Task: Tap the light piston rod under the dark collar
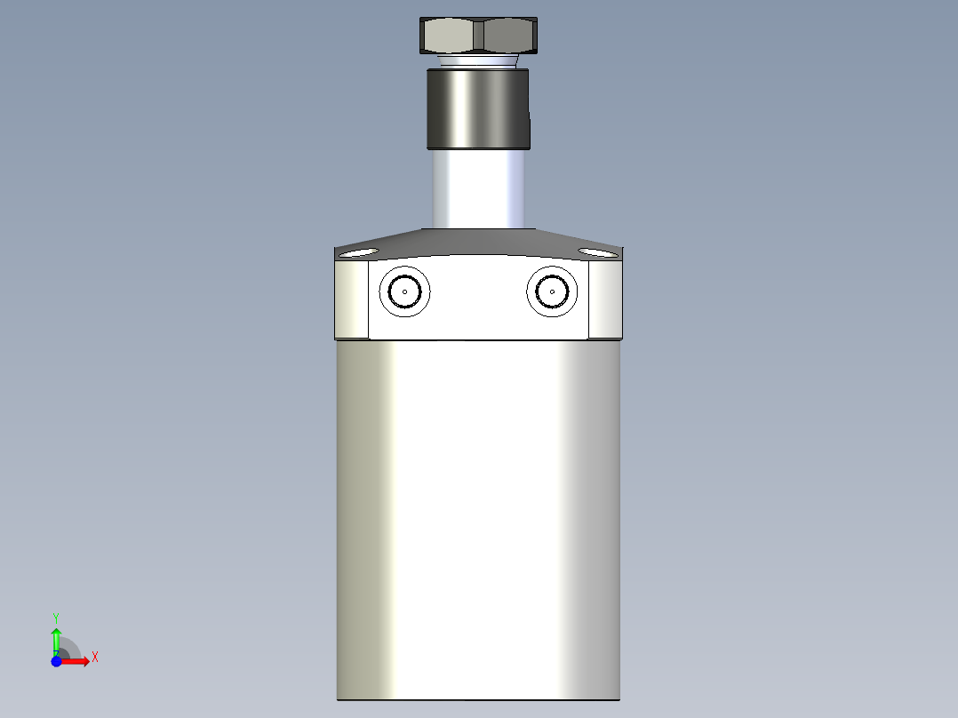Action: (478, 188)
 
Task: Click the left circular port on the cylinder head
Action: (404, 291)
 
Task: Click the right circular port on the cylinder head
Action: (552, 291)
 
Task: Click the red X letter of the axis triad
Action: (95, 658)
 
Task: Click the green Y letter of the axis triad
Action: (56, 616)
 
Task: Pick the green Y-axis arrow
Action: (56, 638)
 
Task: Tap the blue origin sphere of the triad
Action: (55, 661)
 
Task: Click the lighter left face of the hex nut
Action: (450, 36)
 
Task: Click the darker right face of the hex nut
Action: (508, 36)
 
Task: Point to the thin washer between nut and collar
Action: (478, 61)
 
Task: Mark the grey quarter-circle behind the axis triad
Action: (69, 649)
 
